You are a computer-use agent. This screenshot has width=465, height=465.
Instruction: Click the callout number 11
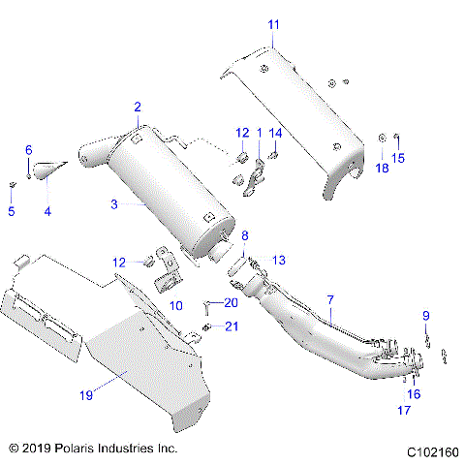pos(273,23)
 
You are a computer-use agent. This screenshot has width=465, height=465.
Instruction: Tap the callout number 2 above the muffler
pos(138,107)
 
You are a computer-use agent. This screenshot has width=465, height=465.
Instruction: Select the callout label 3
pos(113,204)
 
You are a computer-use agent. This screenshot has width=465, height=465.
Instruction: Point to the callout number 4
pos(46,211)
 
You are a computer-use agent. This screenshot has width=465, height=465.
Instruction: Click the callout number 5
pos(12,211)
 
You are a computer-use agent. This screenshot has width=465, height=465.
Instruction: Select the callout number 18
pos(381,169)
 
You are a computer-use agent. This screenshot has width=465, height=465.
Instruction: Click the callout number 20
pos(230,302)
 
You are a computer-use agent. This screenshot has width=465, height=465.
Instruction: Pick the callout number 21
pos(231,325)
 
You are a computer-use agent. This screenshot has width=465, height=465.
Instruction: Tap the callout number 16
pos(414,394)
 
